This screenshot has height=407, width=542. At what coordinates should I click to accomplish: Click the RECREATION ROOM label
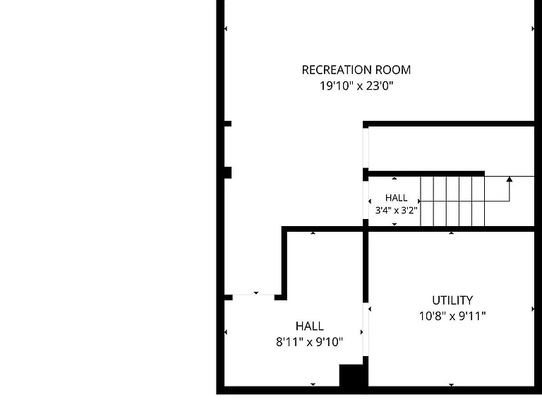click(x=356, y=70)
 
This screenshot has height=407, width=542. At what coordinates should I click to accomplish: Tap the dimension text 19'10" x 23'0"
click(x=356, y=85)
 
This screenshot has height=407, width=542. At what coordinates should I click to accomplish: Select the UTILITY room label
click(x=452, y=300)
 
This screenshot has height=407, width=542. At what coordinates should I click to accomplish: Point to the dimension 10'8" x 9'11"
click(x=452, y=316)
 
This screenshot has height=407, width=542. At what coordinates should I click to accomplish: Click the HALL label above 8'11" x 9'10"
click(x=309, y=326)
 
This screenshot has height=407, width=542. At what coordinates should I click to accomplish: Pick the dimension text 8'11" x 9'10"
click(x=309, y=342)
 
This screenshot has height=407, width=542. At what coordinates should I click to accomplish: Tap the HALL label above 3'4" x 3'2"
click(x=396, y=198)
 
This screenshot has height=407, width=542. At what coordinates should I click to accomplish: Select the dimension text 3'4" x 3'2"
click(x=396, y=210)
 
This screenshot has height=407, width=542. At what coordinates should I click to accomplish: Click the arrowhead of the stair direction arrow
click(x=509, y=179)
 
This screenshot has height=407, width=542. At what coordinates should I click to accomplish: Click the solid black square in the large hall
click(x=351, y=374)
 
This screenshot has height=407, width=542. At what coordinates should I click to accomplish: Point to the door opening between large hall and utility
click(x=366, y=329)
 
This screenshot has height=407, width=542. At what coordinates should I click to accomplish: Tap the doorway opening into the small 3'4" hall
click(x=366, y=200)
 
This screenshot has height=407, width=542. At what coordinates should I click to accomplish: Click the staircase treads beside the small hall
click(x=452, y=201)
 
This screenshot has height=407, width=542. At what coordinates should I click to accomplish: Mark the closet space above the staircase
click(x=451, y=148)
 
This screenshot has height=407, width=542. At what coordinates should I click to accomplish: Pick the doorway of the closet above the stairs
click(x=366, y=148)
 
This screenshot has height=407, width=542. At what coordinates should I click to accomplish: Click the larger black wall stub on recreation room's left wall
click(x=228, y=172)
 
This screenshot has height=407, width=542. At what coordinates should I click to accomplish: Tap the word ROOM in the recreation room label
click(x=393, y=70)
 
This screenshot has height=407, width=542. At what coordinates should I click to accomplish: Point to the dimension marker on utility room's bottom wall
click(x=451, y=384)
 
